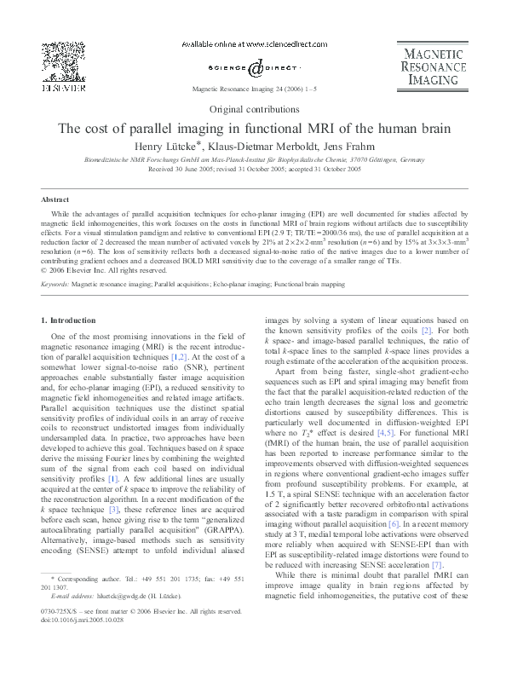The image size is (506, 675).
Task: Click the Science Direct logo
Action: pyautogui.click(x=254, y=67)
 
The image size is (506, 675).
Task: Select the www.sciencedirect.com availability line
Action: pyautogui.click(x=254, y=43)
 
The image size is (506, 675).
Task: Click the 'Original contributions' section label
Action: pyautogui.click(x=254, y=109)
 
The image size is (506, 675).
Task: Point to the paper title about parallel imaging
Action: pyautogui.click(x=254, y=130)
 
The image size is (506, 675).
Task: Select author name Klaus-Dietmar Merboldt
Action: pyautogui.click(x=252, y=147)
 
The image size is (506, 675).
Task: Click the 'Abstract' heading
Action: pyautogui.click(x=55, y=199)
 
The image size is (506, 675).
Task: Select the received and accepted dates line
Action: pyautogui.click(x=254, y=170)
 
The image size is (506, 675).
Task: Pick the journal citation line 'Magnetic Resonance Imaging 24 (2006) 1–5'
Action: pyautogui.click(x=254, y=88)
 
